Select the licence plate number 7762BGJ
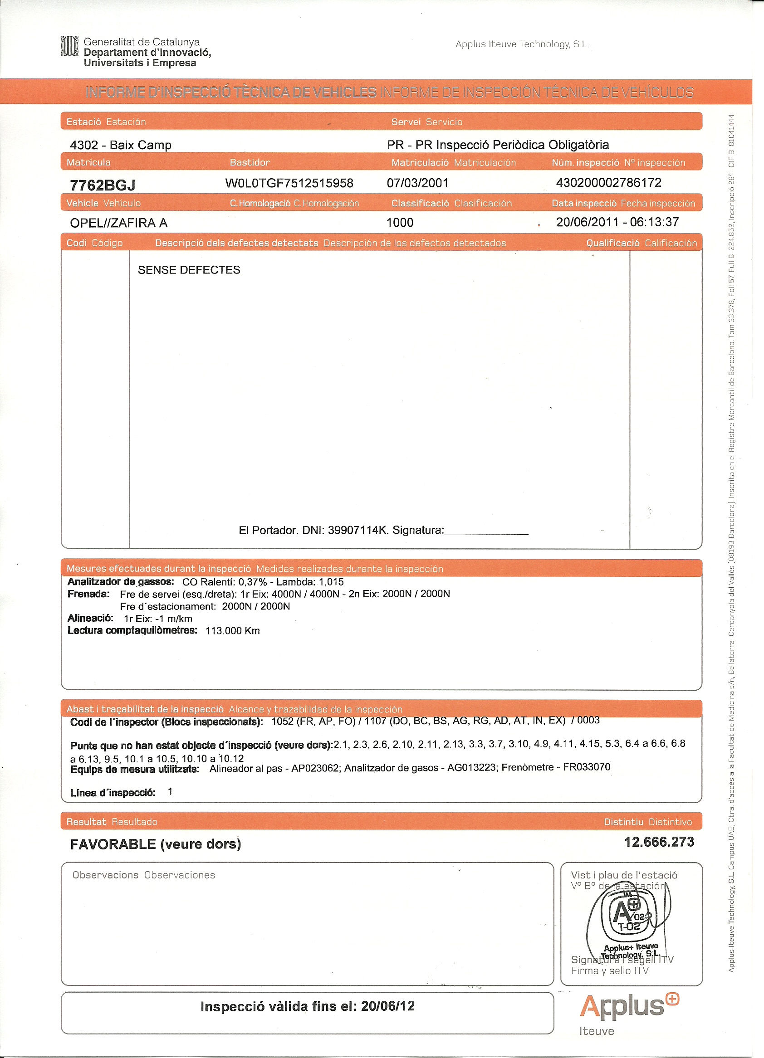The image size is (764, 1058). click(102, 185)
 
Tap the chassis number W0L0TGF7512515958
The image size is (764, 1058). click(289, 183)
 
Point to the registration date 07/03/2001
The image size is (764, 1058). click(417, 183)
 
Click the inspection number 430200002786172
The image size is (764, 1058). click(608, 183)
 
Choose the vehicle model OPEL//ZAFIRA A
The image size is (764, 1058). click(118, 223)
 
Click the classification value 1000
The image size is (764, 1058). click(400, 223)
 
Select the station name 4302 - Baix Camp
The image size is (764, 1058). click(120, 145)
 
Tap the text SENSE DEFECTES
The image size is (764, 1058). click(189, 270)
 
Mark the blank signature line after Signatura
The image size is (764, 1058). click(486, 532)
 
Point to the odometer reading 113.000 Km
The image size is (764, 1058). click(232, 631)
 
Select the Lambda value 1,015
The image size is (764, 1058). click(331, 582)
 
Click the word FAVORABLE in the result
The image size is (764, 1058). click(113, 844)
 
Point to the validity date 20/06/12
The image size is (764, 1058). click(387, 1006)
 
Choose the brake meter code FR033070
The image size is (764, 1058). click(587, 767)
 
